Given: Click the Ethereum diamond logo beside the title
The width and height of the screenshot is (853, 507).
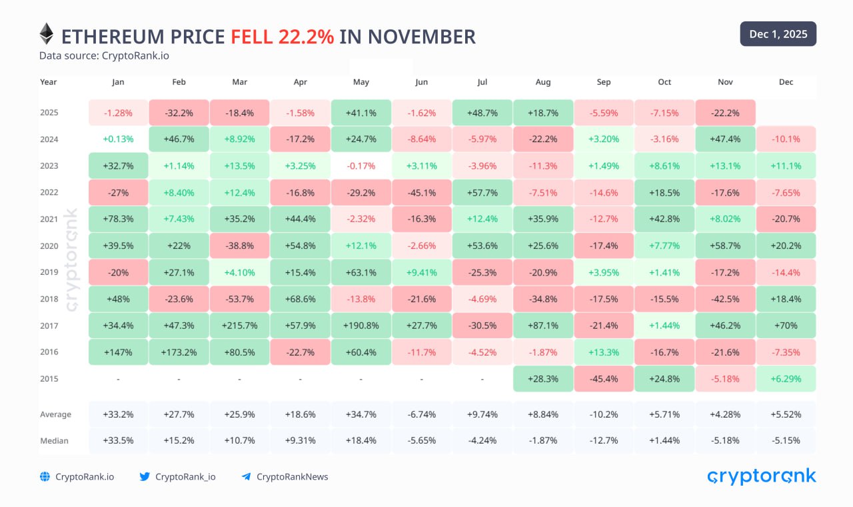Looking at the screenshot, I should tap(46, 34).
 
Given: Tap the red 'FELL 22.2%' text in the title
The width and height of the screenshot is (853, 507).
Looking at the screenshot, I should tap(282, 36).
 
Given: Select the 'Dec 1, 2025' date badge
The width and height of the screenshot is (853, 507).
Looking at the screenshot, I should tap(778, 34).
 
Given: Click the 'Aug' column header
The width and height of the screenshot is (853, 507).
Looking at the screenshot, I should tap(543, 82).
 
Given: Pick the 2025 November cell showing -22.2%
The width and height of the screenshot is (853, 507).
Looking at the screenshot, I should tap(725, 113).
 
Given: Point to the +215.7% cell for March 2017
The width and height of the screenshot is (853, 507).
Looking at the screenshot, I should tap(239, 326).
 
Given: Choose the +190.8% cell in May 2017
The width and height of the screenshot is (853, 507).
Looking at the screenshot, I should tap(361, 326).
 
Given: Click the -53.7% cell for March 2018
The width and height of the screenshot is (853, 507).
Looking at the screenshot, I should tap(239, 299).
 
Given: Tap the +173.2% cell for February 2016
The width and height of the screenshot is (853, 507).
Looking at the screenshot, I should tap(179, 352).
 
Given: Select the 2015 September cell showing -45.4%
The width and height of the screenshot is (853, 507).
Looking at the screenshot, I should tap(604, 379).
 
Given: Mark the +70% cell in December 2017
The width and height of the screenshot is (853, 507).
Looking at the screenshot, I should tap(786, 326).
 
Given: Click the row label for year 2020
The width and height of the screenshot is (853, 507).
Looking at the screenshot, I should tap(49, 245).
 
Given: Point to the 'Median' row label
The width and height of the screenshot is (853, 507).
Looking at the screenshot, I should tap(54, 440).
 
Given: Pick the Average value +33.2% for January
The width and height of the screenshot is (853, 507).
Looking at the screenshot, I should tap(118, 414).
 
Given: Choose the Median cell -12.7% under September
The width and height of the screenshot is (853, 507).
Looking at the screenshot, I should tap(604, 440).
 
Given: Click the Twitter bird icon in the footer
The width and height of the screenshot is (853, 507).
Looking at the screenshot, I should tap(145, 476).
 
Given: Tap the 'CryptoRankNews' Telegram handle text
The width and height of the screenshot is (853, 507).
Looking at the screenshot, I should tap(292, 476).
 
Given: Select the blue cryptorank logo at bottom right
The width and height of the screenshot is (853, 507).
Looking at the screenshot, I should tap(761, 476).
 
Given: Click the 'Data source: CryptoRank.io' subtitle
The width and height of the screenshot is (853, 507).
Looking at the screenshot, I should tap(104, 55).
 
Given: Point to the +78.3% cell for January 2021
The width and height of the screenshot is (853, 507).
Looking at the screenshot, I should tap(118, 219).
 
